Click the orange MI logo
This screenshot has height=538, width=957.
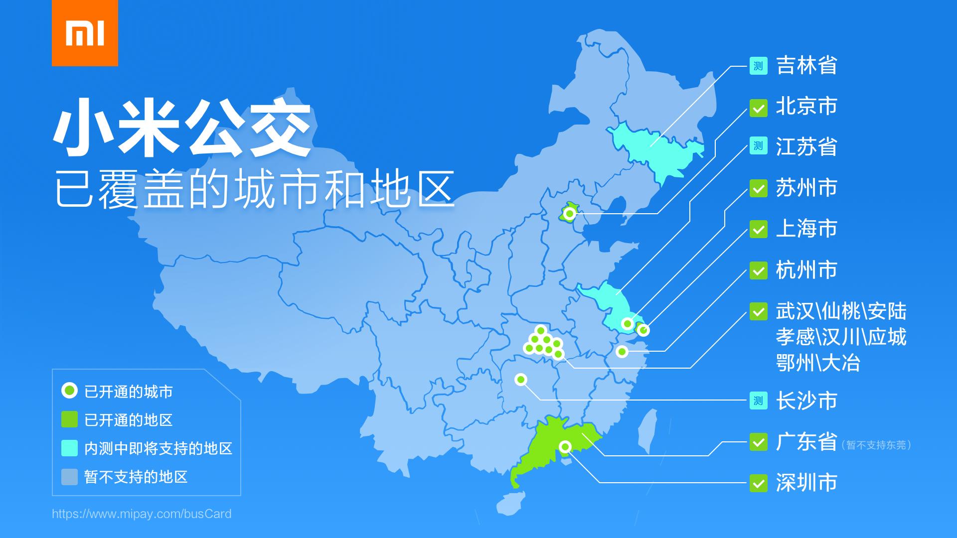(85, 33)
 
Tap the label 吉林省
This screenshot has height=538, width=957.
(806, 66)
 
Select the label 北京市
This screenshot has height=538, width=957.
(806, 107)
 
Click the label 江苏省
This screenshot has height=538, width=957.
(806, 147)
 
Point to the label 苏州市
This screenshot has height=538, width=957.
(806, 188)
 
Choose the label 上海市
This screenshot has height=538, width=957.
(806, 229)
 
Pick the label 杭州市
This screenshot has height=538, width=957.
(806, 270)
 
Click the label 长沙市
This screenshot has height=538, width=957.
(806, 401)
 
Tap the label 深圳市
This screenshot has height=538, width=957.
(806, 483)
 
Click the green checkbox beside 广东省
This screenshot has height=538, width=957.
(758, 442)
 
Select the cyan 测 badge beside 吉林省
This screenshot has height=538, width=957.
(758, 66)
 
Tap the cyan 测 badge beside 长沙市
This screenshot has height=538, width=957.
(758, 401)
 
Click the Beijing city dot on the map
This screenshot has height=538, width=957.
(570, 214)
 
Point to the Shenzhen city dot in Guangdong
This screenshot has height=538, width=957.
(565, 446)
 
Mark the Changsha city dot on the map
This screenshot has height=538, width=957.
(521, 380)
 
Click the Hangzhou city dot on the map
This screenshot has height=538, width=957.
(622, 352)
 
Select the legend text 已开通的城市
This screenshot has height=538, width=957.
(129, 392)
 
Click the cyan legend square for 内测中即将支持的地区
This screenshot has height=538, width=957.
(69, 448)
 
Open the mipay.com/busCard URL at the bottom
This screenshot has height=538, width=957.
(142, 514)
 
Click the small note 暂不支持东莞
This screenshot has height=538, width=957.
(876, 445)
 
